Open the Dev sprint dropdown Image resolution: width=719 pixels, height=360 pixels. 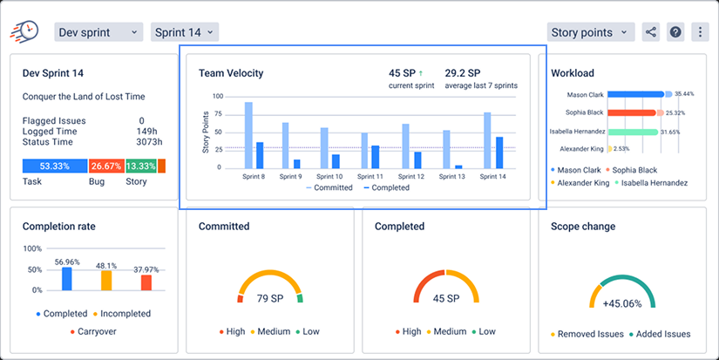pos(98,32)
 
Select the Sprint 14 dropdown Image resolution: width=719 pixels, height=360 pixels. pos(185,32)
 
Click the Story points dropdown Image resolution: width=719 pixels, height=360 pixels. pos(591,32)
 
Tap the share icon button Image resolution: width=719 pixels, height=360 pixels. pos(651,32)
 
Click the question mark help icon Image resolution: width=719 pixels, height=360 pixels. pos(675,32)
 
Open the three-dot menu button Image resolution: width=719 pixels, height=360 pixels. pos(700,32)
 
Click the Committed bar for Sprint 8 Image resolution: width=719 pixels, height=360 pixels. pos(248,135)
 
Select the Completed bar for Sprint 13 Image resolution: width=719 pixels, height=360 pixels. pos(458,167)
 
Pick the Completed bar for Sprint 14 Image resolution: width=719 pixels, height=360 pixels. pos(499,153)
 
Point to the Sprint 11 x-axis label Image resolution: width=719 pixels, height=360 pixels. pos(370,177)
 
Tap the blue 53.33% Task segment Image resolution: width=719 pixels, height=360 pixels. pos(55,166)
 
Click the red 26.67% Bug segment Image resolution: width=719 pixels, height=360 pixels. pos(106,166)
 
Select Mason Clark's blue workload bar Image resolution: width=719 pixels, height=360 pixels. pos(636,94)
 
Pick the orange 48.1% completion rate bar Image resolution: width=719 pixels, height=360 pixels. pos(106,281)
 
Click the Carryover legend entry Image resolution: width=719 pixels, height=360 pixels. pos(93,331)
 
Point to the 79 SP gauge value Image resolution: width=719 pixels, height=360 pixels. pos(270,299)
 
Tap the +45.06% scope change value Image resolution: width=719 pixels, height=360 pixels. pos(622,304)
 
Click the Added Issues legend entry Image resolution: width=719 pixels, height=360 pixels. pos(660,334)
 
